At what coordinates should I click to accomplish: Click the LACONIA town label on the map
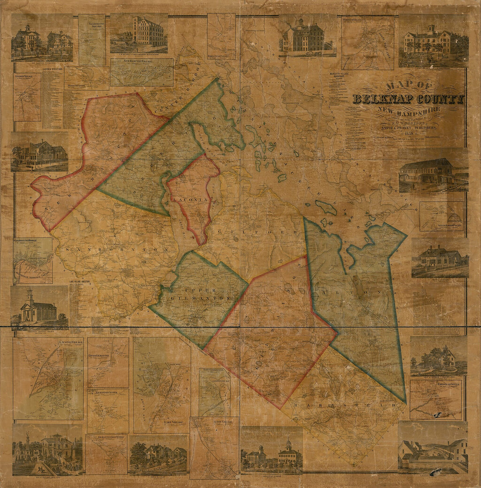pos(192,199)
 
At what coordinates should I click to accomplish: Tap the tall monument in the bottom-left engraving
pos(28,437)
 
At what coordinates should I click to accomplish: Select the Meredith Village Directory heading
pos(341,75)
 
